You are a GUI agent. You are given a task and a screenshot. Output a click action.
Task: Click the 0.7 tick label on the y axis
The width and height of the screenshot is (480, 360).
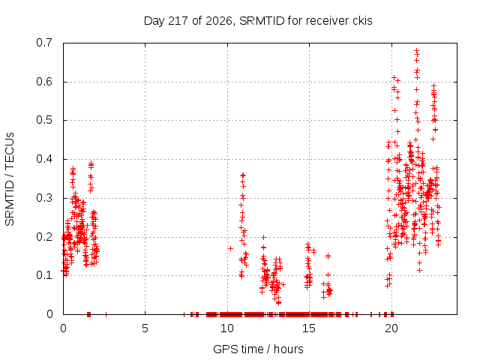click(x=44, y=43)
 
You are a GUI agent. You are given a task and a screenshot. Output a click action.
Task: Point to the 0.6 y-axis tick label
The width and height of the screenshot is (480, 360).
click(x=44, y=82)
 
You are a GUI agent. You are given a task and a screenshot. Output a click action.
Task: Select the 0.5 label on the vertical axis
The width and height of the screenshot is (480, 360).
click(x=44, y=120)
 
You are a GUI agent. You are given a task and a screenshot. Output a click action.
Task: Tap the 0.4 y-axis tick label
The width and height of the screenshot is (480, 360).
click(x=44, y=159)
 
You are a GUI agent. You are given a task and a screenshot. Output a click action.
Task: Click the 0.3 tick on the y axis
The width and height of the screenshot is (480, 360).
click(x=44, y=198)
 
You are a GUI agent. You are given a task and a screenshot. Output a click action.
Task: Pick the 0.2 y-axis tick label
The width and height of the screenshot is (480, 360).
click(x=44, y=237)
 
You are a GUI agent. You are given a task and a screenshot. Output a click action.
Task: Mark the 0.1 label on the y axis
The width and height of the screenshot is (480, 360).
click(x=44, y=275)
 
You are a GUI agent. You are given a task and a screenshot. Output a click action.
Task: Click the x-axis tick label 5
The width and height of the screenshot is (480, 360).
click(x=145, y=328)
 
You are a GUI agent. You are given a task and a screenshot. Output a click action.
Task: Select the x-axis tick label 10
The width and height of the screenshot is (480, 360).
click(x=227, y=328)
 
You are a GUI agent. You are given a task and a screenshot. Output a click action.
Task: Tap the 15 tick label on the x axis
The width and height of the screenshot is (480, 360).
click(x=309, y=328)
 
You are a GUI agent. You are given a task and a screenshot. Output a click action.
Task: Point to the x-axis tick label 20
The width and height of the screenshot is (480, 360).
click(x=391, y=328)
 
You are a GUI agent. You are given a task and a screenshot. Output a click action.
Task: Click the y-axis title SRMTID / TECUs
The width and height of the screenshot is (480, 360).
click(x=10, y=179)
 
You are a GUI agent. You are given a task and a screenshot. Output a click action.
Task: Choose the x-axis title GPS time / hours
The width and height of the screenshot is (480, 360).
click(x=258, y=349)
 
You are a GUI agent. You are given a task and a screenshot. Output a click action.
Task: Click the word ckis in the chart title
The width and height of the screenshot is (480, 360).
click(x=362, y=21)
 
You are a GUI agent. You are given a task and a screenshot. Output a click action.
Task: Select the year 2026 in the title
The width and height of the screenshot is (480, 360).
click(x=218, y=21)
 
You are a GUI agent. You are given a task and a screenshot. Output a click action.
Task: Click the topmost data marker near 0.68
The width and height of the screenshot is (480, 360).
click(x=417, y=50)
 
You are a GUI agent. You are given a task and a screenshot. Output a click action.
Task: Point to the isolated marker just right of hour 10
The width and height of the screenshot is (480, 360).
click(x=230, y=248)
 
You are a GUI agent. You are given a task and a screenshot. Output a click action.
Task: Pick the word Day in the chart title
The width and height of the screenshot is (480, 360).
click(x=154, y=21)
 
